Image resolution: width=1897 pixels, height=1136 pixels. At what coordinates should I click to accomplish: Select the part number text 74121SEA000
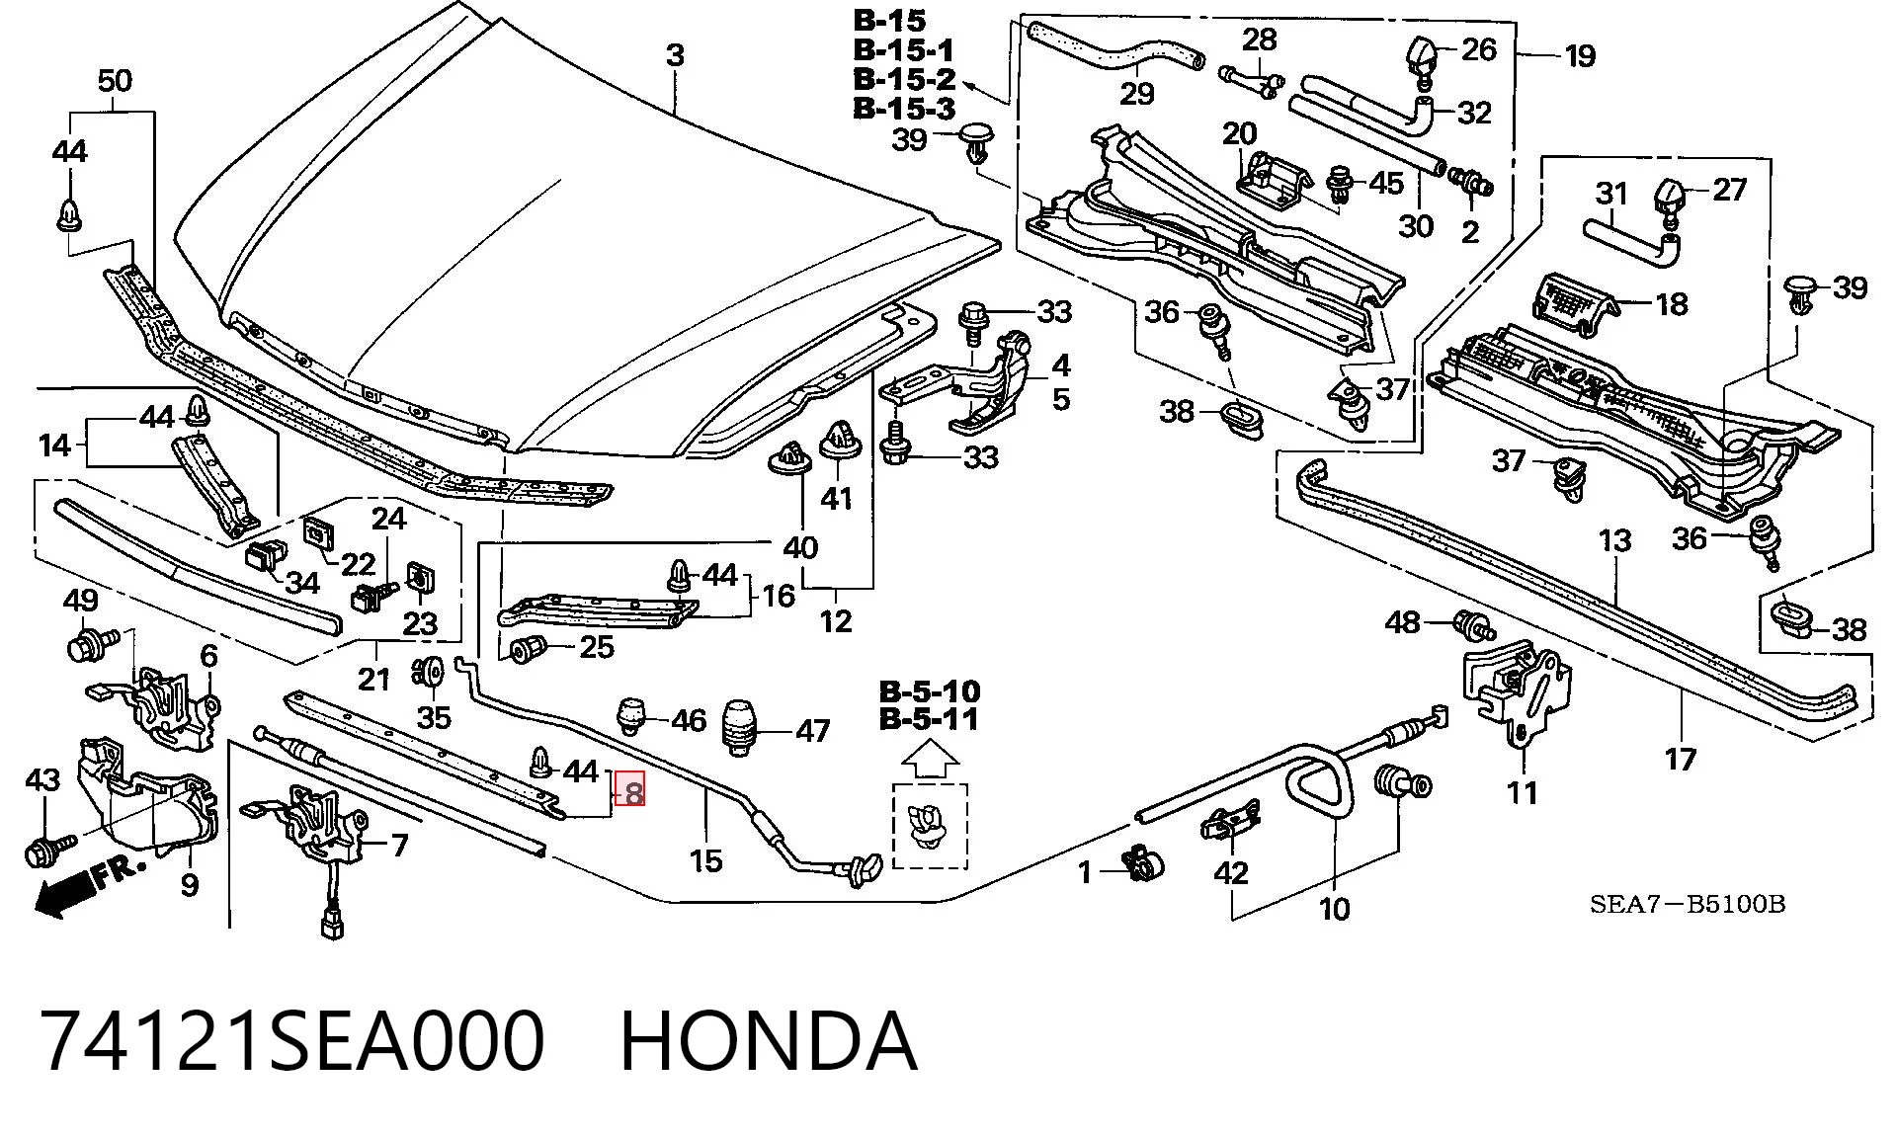tap(292, 1041)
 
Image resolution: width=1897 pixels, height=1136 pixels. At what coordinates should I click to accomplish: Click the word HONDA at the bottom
tap(769, 1041)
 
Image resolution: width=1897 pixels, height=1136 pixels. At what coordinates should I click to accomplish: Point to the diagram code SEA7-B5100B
tap(1687, 904)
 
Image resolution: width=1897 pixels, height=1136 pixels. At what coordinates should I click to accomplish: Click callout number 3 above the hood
tap(675, 55)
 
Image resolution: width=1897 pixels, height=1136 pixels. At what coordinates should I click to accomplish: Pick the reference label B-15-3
tap(904, 108)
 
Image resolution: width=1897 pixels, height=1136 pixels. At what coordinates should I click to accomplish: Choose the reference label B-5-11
tap(929, 719)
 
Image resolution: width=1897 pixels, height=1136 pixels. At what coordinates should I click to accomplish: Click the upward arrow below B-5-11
tap(931, 761)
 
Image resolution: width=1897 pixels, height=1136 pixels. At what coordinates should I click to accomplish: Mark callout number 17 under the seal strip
tap(1680, 759)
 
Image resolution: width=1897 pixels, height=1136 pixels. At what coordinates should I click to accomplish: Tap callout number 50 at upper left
tap(115, 81)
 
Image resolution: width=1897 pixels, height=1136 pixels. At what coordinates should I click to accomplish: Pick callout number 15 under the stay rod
tap(705, 860)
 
